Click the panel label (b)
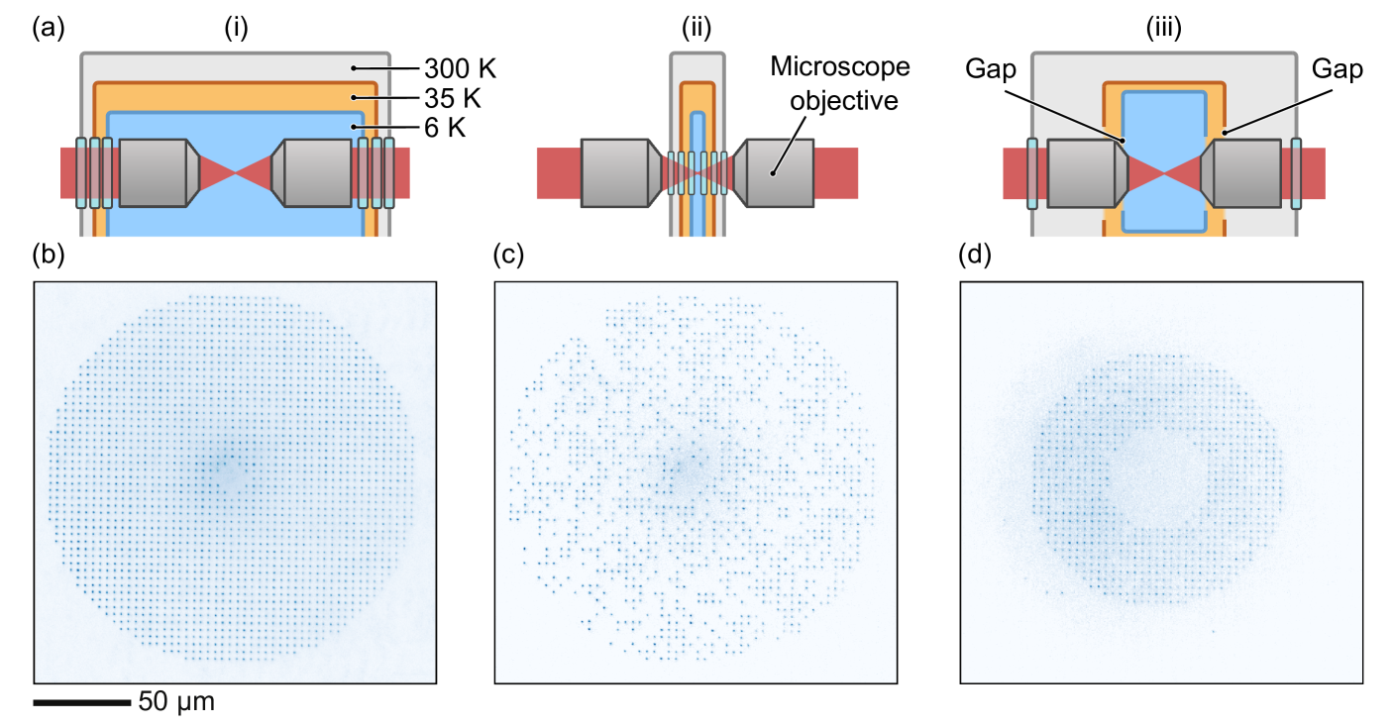(49, 255)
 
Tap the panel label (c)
(507, 255)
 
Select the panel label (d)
(974, 255)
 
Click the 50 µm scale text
(176, 702)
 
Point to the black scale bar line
(81, 702)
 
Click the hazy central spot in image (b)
(226, 469)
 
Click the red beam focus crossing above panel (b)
(235, 172)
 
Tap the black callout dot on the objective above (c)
(771, 172)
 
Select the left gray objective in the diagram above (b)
(153, 172)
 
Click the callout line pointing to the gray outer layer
(387, 68)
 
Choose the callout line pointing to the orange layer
(387, 98)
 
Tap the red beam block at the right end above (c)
(836, 173)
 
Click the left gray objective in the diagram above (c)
(615, 172)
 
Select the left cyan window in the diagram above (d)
(1031, 173)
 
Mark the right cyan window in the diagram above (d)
(1296, 173)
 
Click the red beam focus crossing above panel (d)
(1164, 173)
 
